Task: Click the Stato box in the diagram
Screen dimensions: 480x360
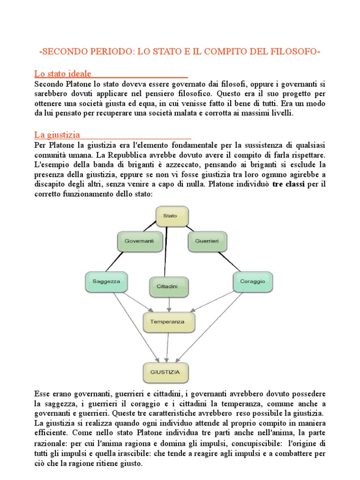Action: pos(170,216)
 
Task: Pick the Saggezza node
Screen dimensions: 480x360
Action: pos(106,281)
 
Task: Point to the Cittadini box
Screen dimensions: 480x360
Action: pos(169,286)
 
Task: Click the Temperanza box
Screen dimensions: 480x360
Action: pos(167,322)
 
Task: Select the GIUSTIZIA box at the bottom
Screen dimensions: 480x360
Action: pos(168,373)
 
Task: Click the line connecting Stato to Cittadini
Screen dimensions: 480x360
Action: pos(167,253)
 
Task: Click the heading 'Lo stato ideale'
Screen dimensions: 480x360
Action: pos(63,74)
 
